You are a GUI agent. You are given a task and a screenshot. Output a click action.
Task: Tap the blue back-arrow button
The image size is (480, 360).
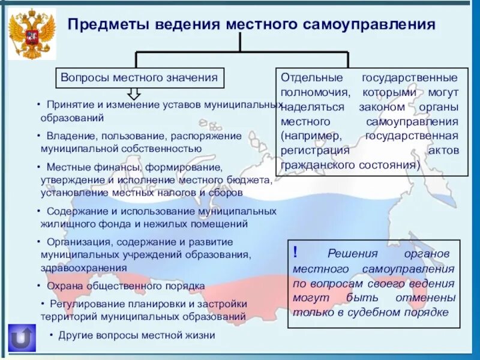click(x=22, y=338)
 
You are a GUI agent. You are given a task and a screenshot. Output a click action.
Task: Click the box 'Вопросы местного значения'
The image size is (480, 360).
click(x=140, y=77)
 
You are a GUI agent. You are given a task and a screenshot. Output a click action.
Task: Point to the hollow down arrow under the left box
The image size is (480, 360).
click(x=134, y=93)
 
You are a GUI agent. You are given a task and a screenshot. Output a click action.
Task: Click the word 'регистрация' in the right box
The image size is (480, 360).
click(x=314, y=151)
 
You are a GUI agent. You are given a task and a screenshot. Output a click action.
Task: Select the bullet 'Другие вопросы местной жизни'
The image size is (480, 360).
click(x=136, y=335)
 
